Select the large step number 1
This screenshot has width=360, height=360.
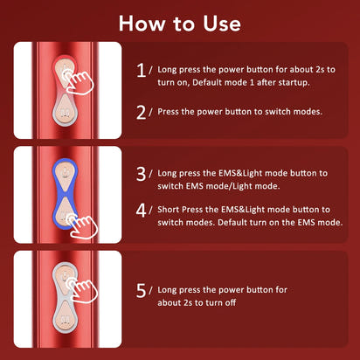tap(142, 70)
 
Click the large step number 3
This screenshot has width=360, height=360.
tap(142, 174)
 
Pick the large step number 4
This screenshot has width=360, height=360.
tap(142, 211)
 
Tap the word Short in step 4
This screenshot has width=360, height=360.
tap(173, 210)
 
